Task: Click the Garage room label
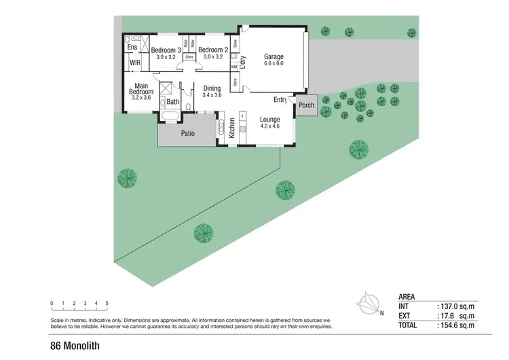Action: [274, 56]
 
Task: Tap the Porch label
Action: [307, 105]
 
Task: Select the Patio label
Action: [188, 133]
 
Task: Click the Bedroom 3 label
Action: [166, 50]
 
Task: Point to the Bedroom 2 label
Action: [212, 50]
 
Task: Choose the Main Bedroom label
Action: [142, 89]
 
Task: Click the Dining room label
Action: [212, 88]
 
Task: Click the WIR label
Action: [135, 63]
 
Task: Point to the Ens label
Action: [132, 47]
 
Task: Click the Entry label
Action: [280, 100]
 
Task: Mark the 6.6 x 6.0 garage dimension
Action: [274, 64]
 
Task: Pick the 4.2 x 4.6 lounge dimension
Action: [269, 126]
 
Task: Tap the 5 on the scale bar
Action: [107, 303]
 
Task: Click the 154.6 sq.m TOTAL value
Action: [456, 325]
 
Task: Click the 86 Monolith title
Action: [75, 346]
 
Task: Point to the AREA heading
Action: [407, 297]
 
